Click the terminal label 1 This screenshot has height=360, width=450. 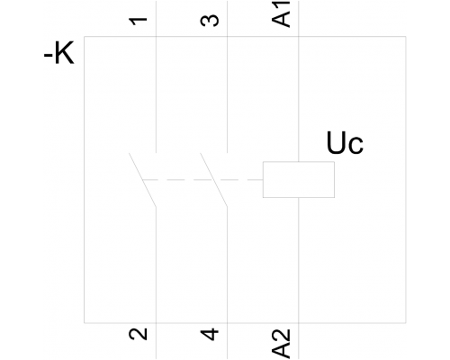138,21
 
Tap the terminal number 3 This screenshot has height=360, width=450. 210,21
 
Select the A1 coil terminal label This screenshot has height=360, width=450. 281,14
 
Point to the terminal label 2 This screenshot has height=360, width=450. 139,334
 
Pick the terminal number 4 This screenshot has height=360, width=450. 210,335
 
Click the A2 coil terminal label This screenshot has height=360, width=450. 281,344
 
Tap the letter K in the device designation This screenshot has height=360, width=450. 64,53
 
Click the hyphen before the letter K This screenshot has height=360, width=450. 48,56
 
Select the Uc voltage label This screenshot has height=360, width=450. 345,143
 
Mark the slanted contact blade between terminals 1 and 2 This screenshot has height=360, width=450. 142,180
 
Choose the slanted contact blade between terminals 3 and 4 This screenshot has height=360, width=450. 213,180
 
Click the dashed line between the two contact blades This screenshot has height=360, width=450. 177,180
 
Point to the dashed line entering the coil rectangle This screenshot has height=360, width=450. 239,180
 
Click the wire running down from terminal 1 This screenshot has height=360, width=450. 157,76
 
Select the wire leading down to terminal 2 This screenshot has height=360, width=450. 157,283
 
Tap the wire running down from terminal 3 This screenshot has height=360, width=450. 228,76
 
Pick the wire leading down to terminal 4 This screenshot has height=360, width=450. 228,283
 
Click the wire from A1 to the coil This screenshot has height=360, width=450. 299,81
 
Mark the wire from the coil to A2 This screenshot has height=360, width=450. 299,279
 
